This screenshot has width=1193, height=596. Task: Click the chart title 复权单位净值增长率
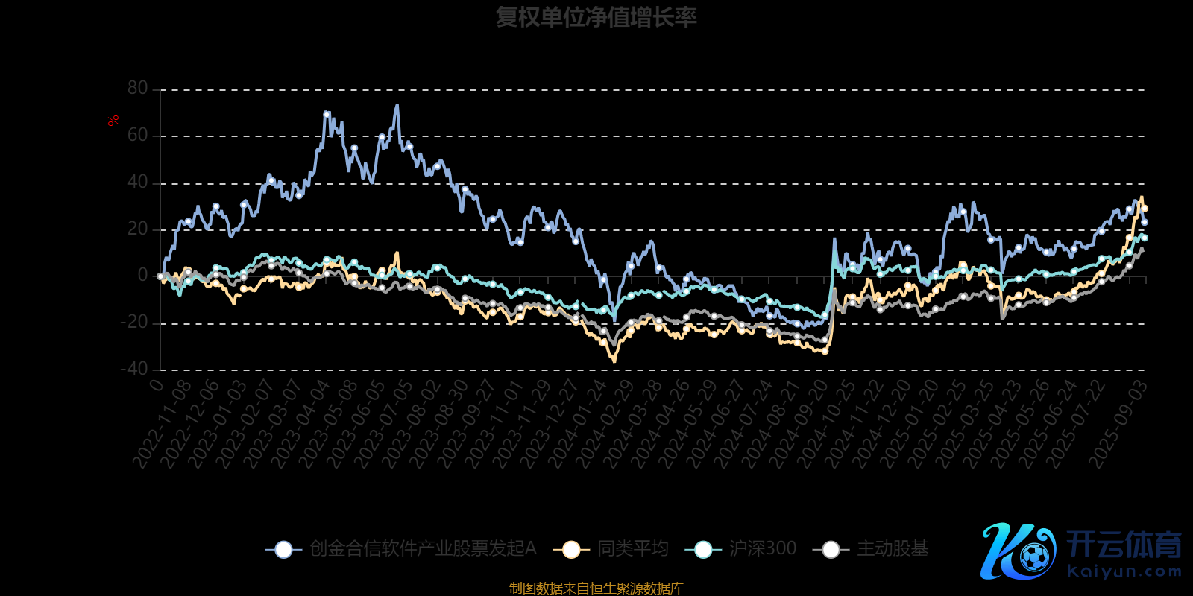pos(596,17)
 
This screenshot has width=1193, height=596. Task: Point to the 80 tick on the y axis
pos(138,89)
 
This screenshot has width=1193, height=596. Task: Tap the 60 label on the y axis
pos(138,136)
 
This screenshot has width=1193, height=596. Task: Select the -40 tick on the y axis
pos(134,369)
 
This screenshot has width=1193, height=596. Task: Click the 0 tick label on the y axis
pos(142,276)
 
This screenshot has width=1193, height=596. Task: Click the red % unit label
pos(113,121)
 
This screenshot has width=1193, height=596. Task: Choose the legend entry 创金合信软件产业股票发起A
pos(422,549)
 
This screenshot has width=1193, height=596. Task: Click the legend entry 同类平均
pos(632,549)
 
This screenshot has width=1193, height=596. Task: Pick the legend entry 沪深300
pos(762,549)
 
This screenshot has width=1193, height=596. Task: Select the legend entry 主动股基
pos(892,549)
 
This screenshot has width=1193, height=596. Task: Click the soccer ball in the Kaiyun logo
pos(1034,557)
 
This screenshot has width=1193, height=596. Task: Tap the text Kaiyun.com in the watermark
pos(1124,571)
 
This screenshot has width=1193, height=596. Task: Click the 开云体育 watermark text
pos(1124,545)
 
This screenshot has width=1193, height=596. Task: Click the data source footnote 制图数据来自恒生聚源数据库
pos(596,589)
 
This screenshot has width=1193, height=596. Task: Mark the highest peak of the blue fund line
pos(397,106)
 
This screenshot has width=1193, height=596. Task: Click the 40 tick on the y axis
pos(138,183)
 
